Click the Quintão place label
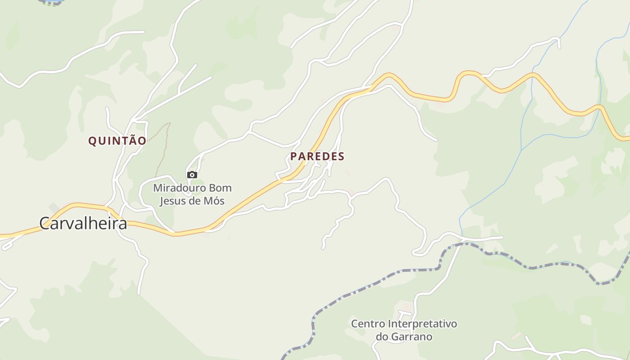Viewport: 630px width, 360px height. [x=117, y=141]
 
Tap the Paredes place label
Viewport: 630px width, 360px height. [x=317, y=157]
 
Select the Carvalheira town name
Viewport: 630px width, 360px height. [x=83, y=223]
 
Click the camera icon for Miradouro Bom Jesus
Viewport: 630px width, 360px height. [x=192, y=175]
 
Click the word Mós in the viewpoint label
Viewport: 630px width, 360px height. [x=214, y=201]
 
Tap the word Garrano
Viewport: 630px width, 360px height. [x=410, y=337]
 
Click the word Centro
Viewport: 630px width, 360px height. [x=368, y=324]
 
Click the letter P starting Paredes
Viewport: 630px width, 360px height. [x=294, y=157]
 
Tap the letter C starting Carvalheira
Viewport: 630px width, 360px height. [x=45, y=223]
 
